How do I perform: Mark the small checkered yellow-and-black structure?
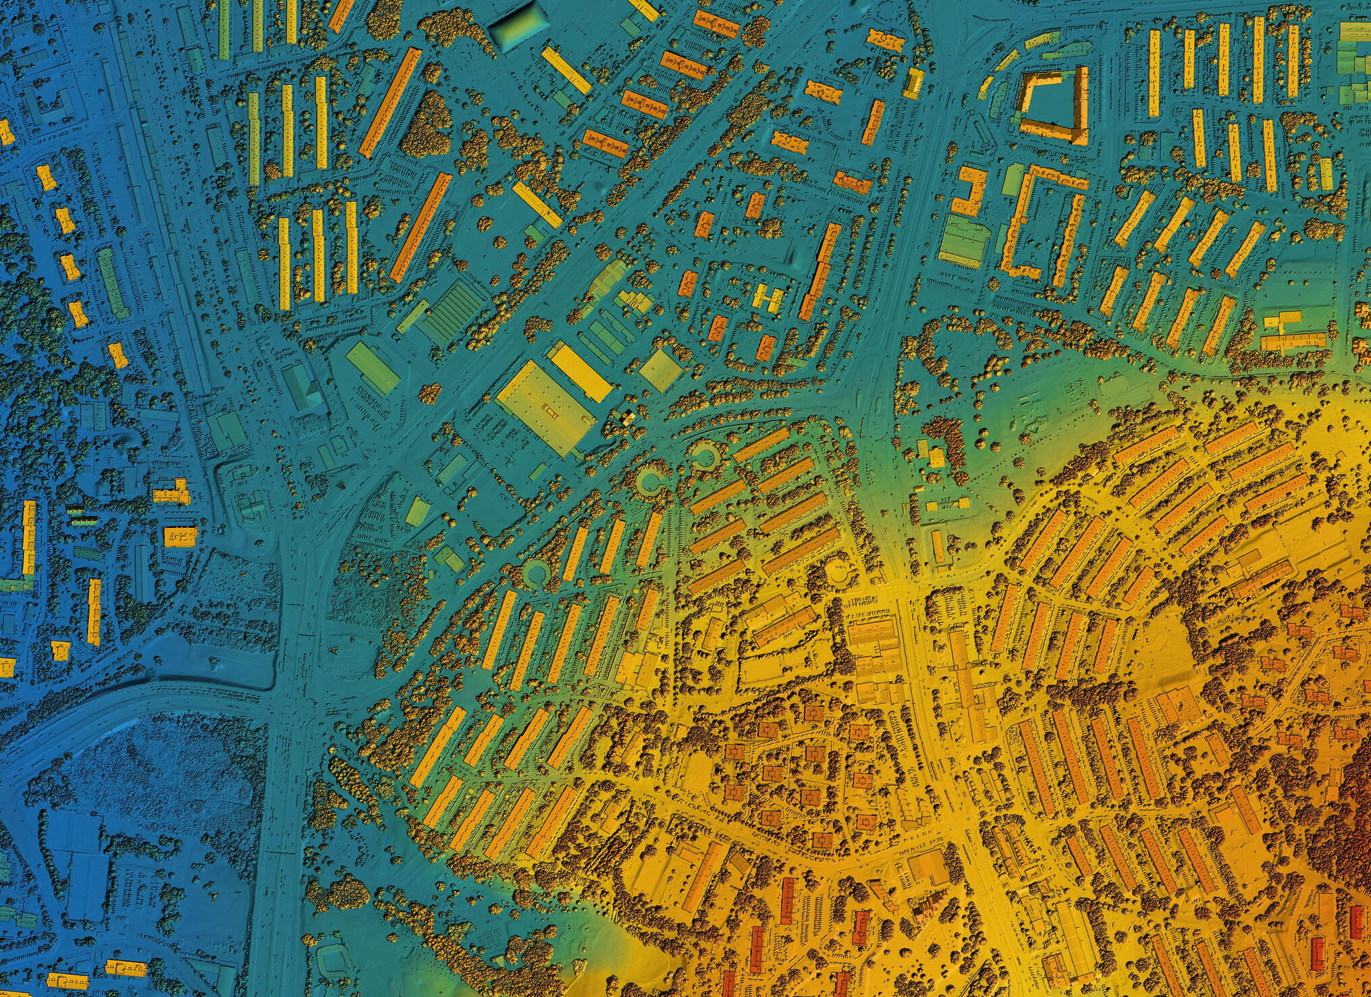(x=626, y=419)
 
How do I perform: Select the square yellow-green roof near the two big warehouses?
(x=657, y=369)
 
